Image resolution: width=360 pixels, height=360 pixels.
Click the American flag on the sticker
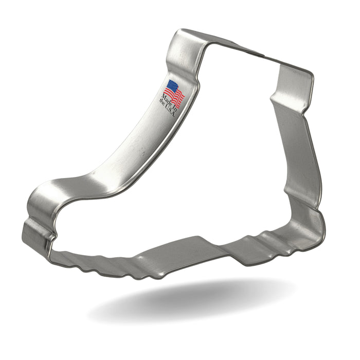click(175, 93)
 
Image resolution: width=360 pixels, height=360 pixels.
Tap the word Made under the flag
click(167, 99)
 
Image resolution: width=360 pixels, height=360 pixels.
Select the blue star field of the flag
click(172, 86)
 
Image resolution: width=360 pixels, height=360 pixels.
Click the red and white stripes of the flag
click(176, 97)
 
